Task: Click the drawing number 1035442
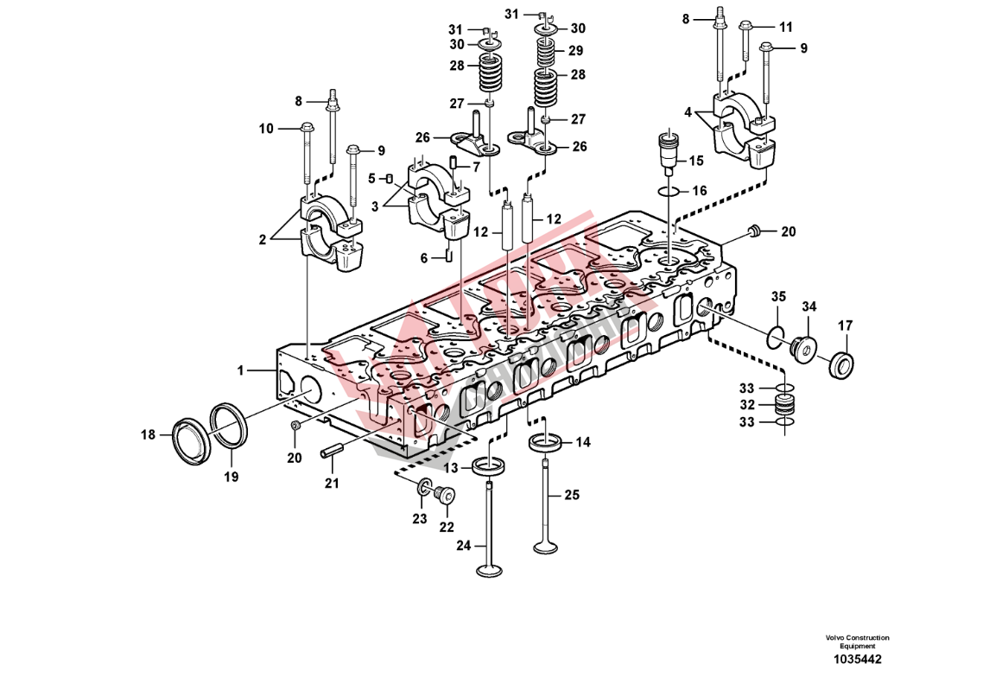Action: pyautogui.click(x=857, y=660)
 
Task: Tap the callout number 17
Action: pyautogui.click(x=845, y=326)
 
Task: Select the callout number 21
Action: pyautogui.click(x=332, y=484)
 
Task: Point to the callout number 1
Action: pyautogui.click(x=243, y=370)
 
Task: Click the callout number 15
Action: pyautogui.click(x=695, y=161)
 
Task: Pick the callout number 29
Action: pyautogui.click(x=576, y=51)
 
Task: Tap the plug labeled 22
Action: pyautogui.click(x=446, y=495)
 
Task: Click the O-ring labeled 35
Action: pyautogui.click(x=775, y=335)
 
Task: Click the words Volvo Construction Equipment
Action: pyautogui.click(x=857, y=642)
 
